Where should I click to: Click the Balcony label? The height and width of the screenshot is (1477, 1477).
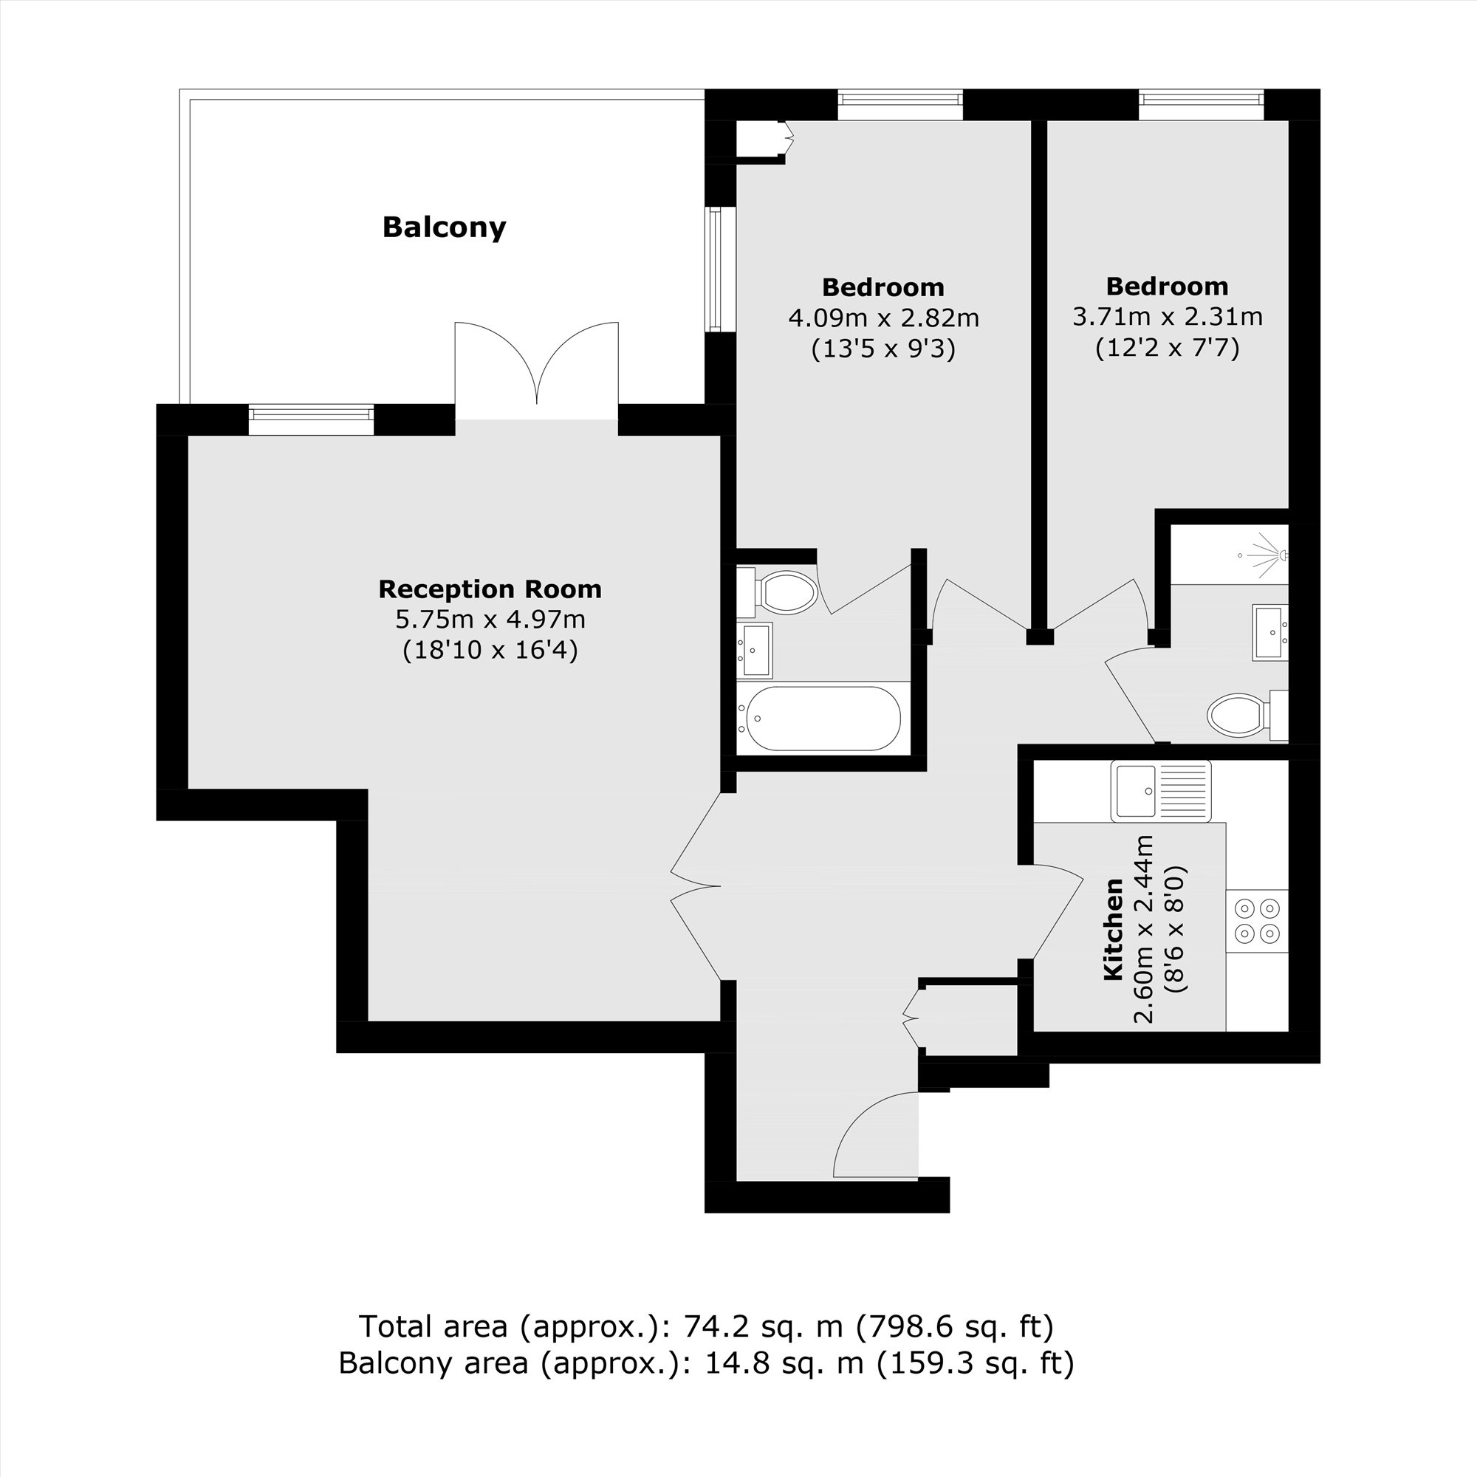443,227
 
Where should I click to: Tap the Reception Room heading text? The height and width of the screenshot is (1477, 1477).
490,589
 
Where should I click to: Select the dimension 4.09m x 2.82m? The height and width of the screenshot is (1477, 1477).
883,318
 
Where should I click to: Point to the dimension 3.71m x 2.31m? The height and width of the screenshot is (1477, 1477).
1167,317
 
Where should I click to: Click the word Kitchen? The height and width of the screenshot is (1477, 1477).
1113,929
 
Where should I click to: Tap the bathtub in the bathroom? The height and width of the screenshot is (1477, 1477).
823,719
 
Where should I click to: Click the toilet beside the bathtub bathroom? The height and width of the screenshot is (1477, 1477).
784,592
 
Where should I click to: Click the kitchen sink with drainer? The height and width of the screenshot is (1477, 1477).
1160,791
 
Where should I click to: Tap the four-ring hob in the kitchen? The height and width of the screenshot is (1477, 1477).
1257,921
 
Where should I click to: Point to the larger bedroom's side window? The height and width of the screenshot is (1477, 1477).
715,269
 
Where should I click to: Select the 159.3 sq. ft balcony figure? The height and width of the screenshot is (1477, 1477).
975,1363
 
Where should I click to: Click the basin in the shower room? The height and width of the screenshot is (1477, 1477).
1270,631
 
